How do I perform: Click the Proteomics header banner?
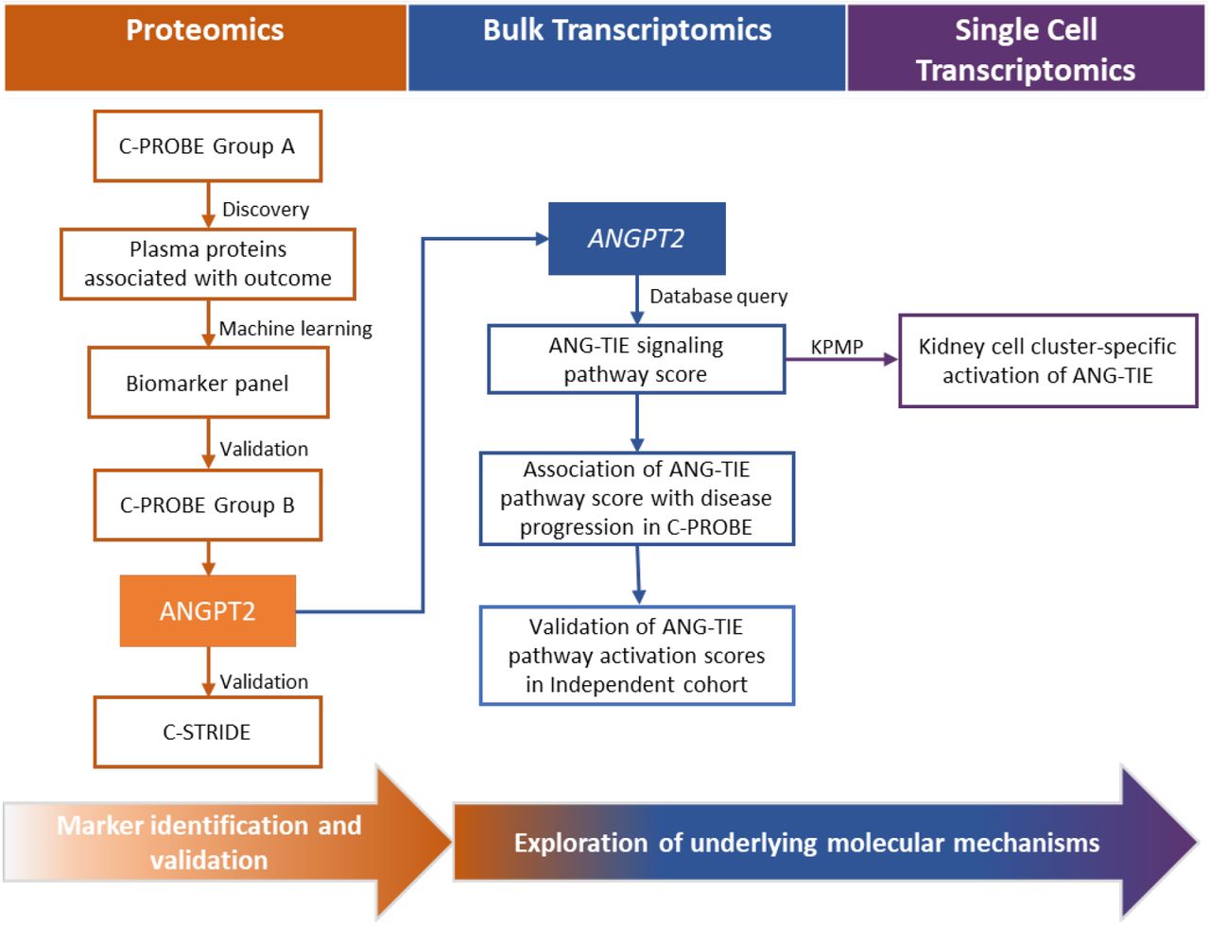coord(205,47)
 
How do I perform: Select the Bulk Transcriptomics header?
coord(627,47)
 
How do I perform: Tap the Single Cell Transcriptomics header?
coord(1026,47)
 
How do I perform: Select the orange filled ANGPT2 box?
coord(208,610)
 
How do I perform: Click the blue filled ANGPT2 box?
coord(637,238)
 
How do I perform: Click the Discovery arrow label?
coord(266,210)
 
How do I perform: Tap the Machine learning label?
coord(296,329)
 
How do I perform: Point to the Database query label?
coord(718,297)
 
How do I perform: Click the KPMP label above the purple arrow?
coord(837,347)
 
